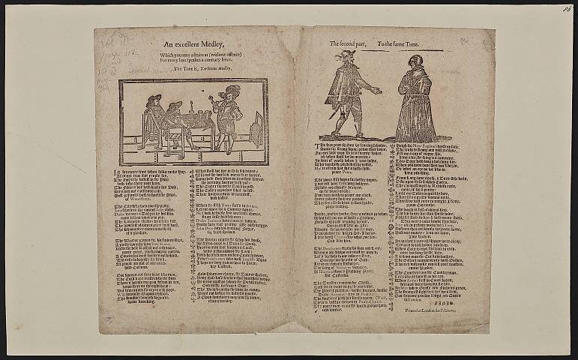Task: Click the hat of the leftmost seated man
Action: click(x=154, y=98)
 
